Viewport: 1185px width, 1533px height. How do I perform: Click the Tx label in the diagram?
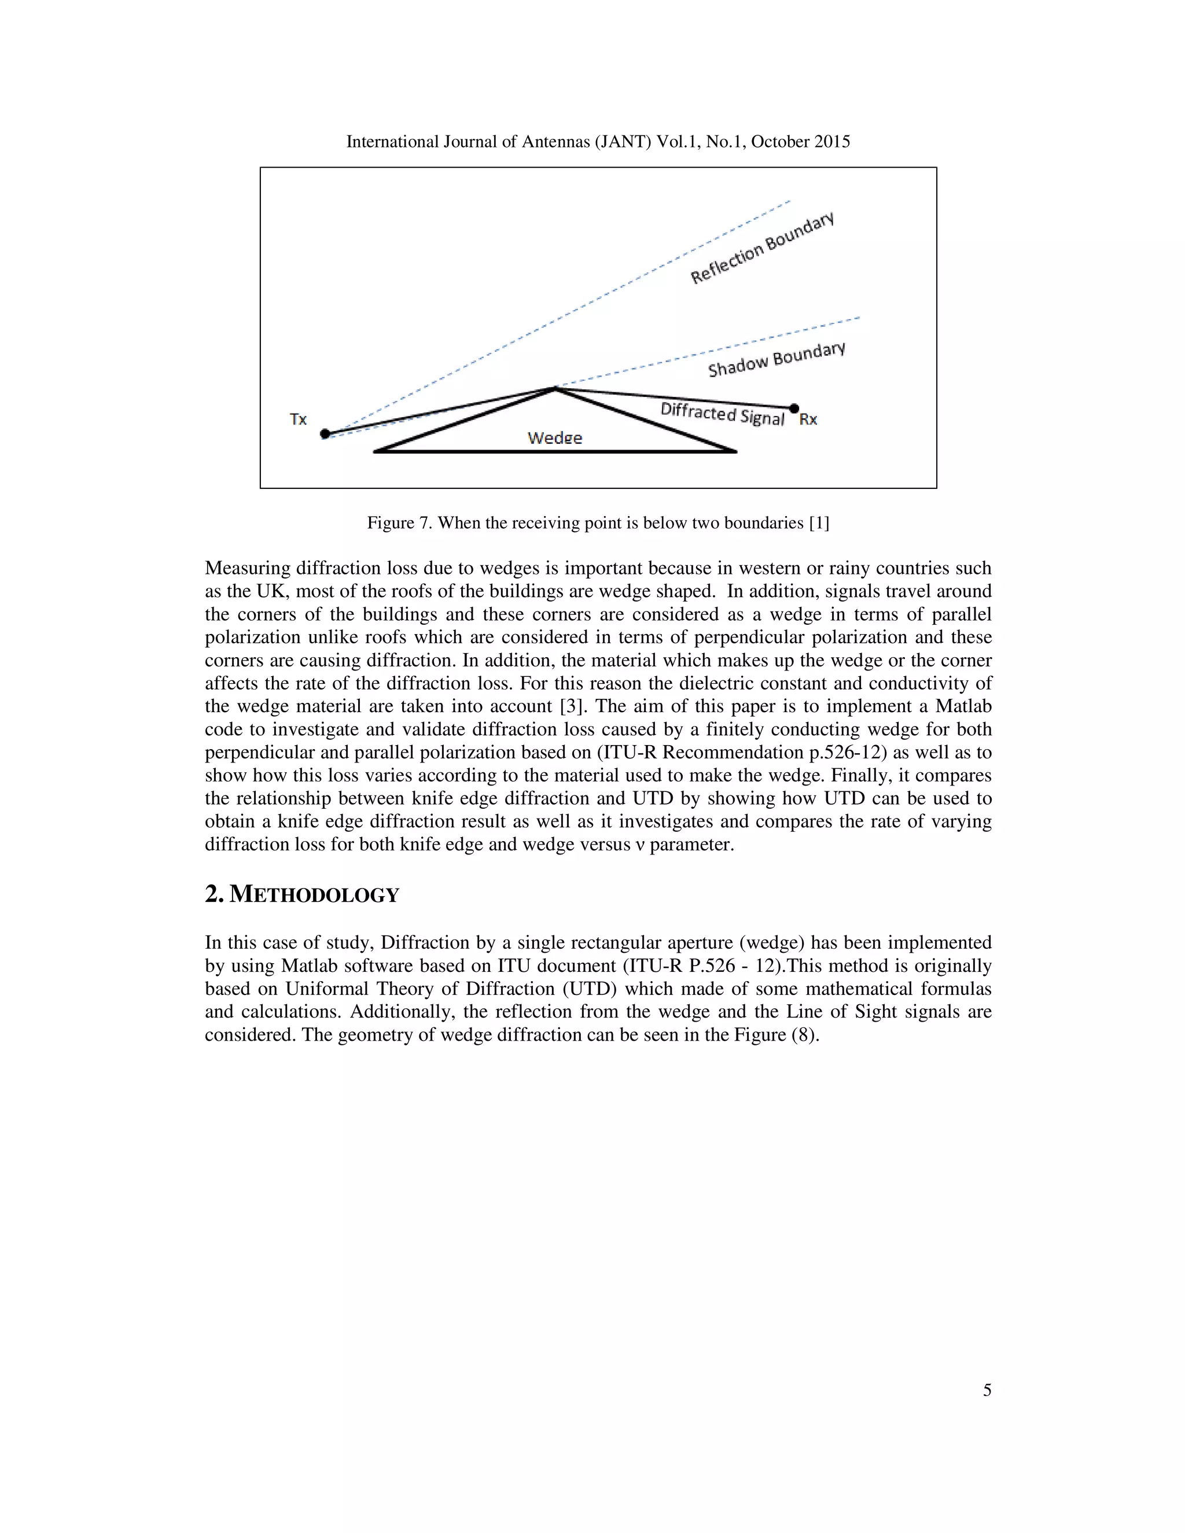coord(299,419)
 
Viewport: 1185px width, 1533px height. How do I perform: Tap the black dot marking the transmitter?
coord(325,434)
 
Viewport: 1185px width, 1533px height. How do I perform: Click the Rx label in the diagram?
coord(808,419)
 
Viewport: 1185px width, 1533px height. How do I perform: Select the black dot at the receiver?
coord(794,408)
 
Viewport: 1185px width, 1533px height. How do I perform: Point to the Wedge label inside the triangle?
coord(554,438)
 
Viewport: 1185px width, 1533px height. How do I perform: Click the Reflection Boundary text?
coord(761,248)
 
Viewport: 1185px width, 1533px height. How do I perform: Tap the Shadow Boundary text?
coord(776,359)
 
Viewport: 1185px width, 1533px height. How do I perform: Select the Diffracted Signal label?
coord(722,414)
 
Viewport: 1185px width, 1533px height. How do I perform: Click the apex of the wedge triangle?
coord(554,388)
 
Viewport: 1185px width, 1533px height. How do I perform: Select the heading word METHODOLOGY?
coord(315,895)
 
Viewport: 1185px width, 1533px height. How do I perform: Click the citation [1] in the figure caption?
coord(819,523)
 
